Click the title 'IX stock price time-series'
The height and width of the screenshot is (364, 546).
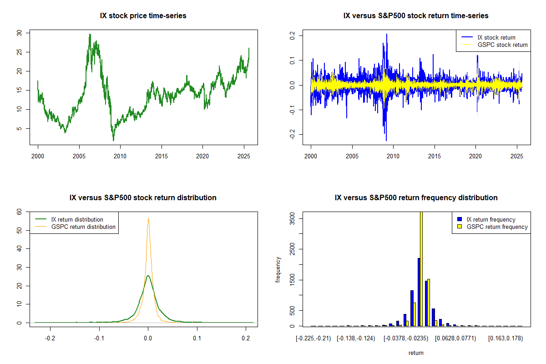click(x=143, y=16)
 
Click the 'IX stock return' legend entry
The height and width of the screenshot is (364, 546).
click(x=496, y=37)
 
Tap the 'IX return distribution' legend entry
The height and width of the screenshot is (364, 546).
click(x=77, y=219)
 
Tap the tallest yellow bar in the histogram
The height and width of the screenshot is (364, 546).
click(x=421, y=268)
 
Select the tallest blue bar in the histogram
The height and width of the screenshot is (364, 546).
click(x=419, y=292)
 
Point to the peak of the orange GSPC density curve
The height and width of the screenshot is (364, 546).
click(x=148, y=218)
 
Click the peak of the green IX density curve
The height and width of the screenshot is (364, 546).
click(x=148, y=275)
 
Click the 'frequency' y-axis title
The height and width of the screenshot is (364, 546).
click(x=278, y=270)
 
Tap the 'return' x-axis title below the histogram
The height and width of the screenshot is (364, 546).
click(x=416, y=353)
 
